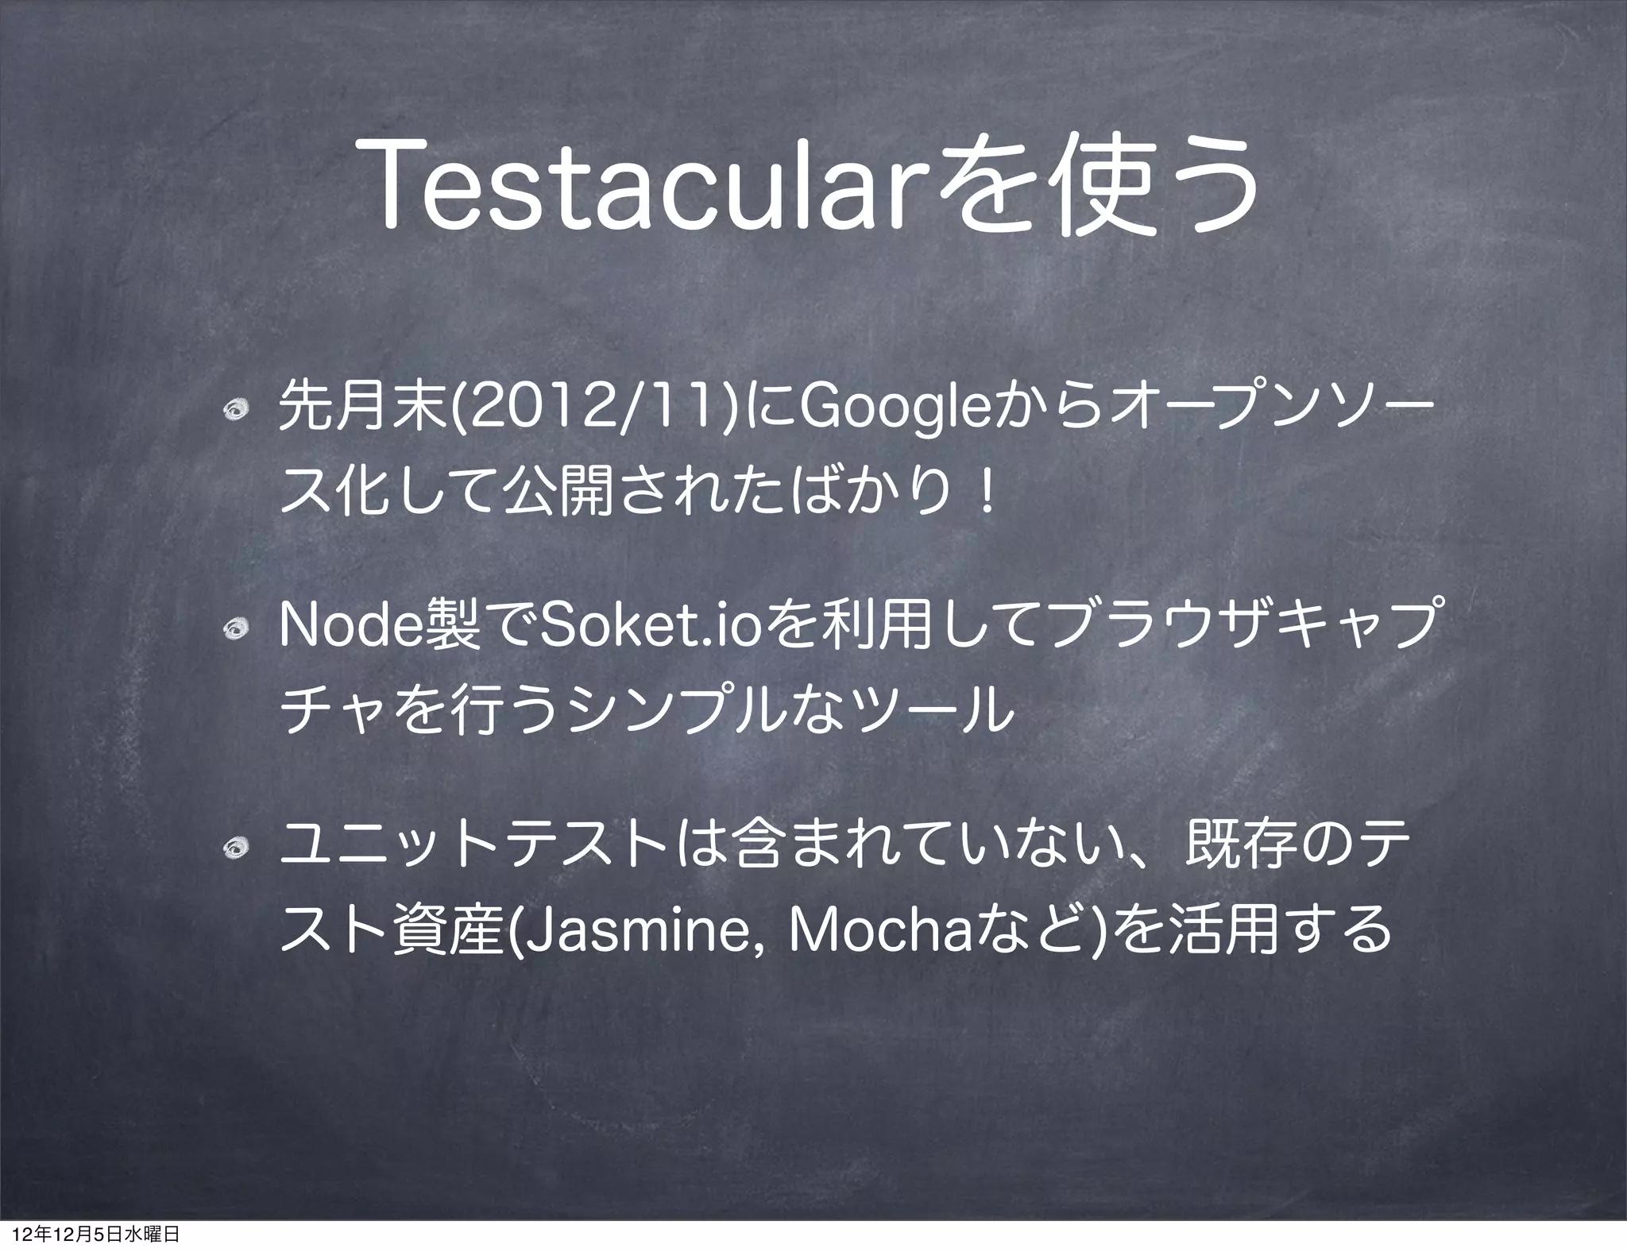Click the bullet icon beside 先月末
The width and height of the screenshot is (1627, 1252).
[236, 412]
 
